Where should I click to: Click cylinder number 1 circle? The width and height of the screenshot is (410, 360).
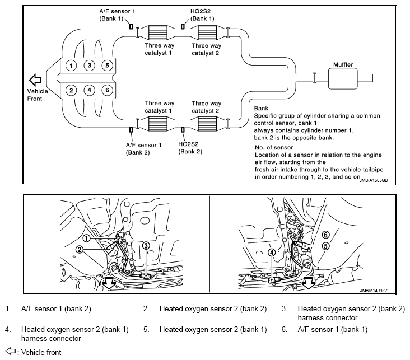71,66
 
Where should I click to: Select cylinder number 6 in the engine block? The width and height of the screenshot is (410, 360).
107,90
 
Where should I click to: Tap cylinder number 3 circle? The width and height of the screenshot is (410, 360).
89,66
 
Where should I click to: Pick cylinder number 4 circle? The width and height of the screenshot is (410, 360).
89,90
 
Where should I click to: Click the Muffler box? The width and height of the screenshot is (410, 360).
343,77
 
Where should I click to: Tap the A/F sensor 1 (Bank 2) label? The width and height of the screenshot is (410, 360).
143,148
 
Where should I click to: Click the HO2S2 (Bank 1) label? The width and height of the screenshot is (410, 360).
202,15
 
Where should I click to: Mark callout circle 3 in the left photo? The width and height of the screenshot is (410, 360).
146,245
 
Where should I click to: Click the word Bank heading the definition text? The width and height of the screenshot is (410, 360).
261,108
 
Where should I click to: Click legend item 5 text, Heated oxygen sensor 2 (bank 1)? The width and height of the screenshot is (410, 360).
213,329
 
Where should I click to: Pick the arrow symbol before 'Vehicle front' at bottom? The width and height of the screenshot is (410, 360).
10,352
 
